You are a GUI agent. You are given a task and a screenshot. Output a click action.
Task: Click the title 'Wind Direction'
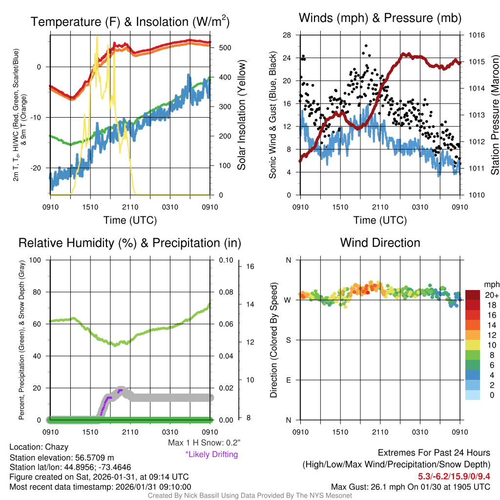point(380,243)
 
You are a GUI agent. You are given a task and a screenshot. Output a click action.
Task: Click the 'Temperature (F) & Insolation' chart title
point(130,22)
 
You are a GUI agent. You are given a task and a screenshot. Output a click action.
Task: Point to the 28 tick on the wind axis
point(287,35)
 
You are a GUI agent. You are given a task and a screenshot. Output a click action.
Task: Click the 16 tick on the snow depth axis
point(251,267)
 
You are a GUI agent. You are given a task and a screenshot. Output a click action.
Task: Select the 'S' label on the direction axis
point(288,340)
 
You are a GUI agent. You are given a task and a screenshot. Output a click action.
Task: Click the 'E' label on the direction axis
point(288,380)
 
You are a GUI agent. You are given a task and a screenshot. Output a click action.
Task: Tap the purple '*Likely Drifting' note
point(211,455)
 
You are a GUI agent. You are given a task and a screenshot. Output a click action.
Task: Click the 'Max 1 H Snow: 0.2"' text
point(204,443)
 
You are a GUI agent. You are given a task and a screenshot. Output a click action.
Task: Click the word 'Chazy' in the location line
point(57,447)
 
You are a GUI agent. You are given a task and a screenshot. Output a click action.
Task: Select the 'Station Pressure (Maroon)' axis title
point(495,115)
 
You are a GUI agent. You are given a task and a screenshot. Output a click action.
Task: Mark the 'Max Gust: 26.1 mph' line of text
point(410,486)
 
